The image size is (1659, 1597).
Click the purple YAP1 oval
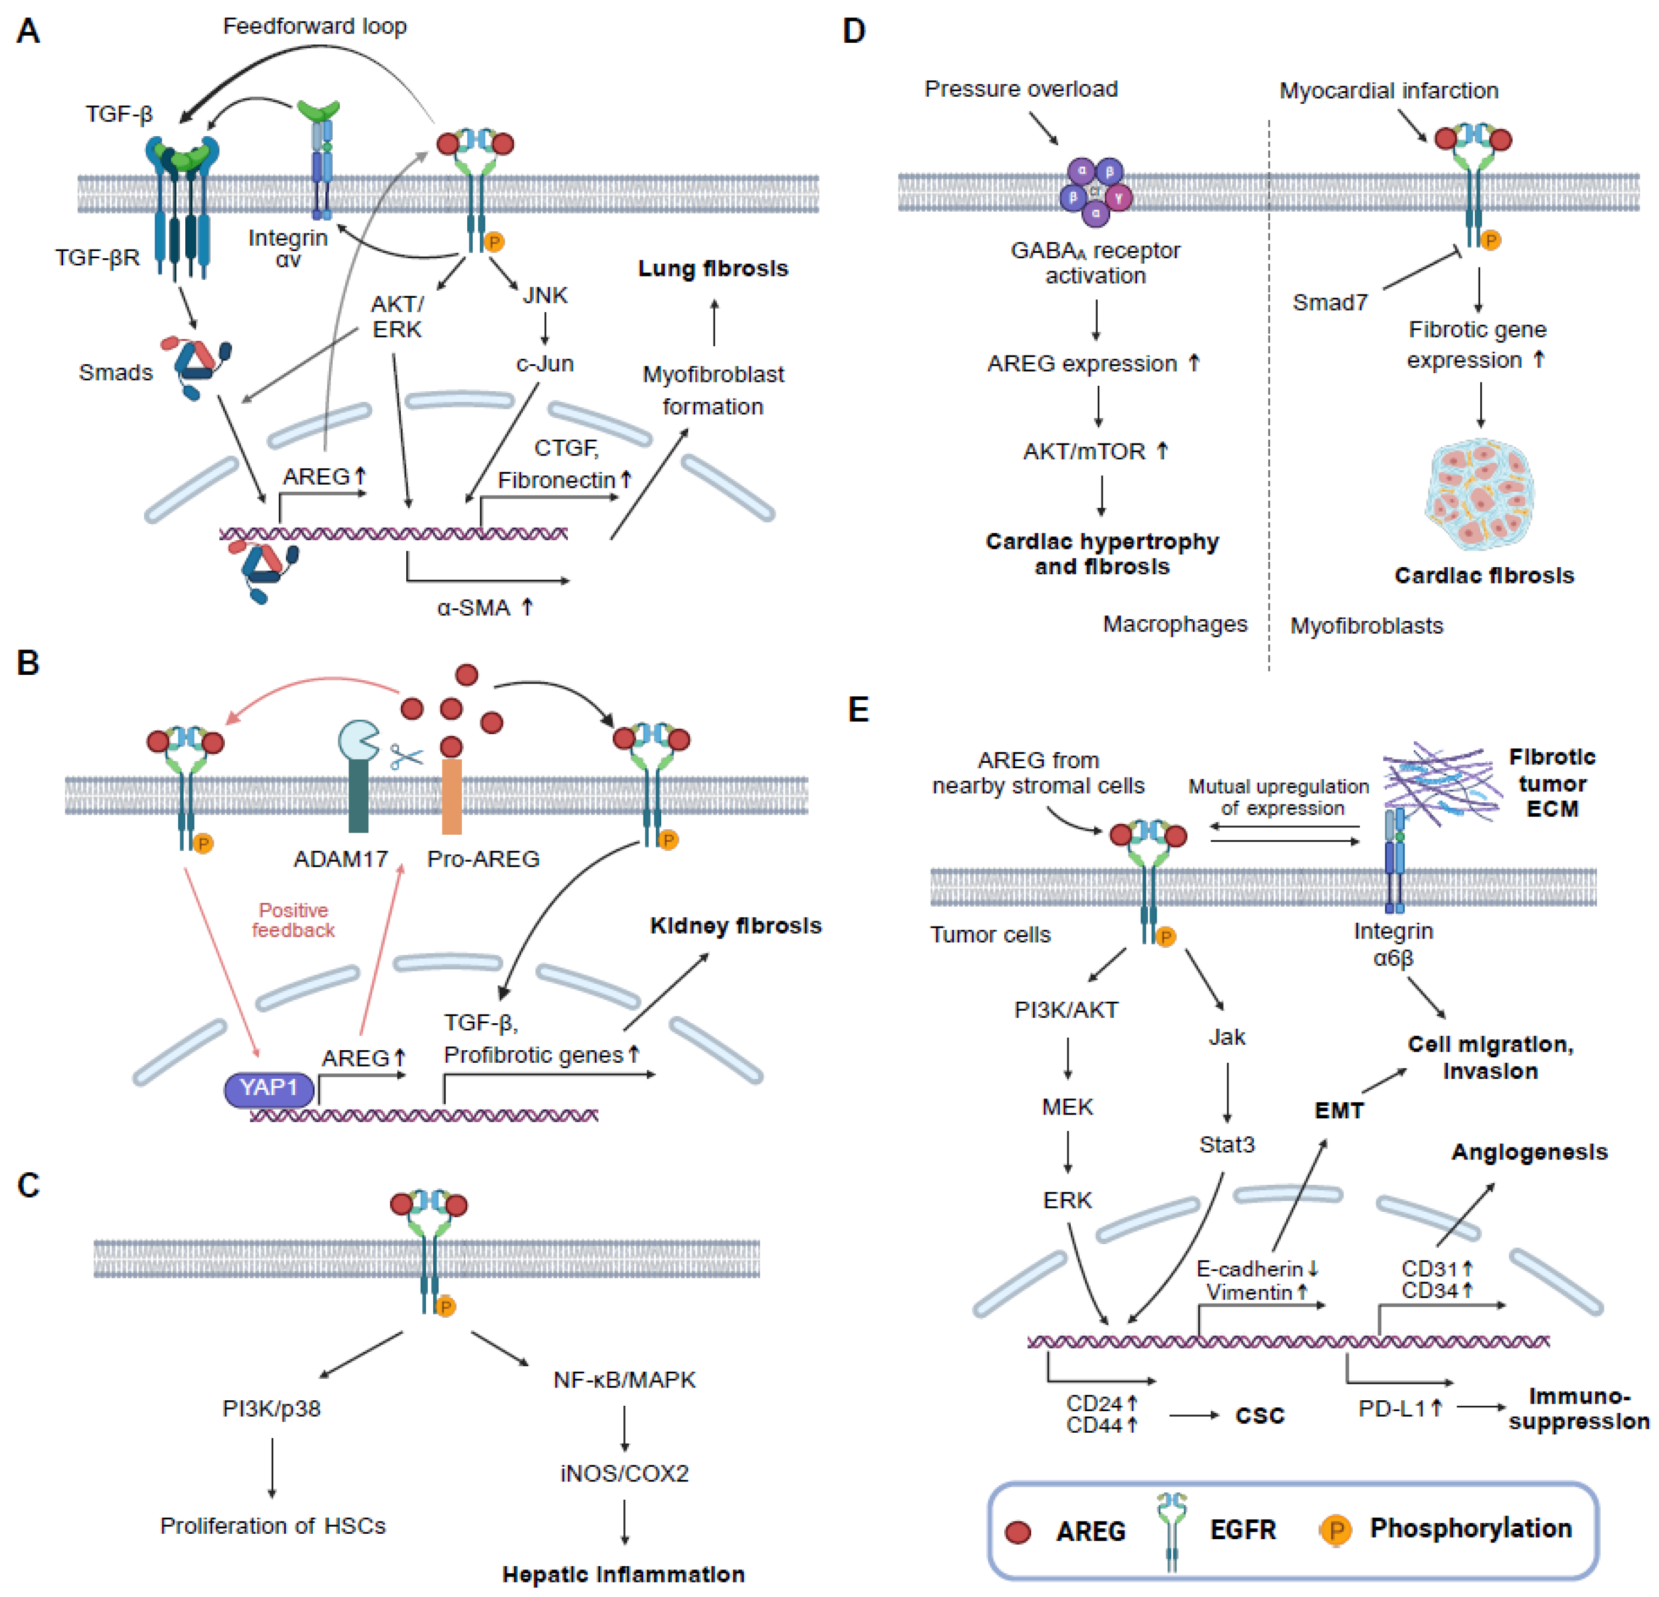click(268, 1089)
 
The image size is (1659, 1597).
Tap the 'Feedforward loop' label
click(315, 26)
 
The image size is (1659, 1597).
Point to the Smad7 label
click(1330, 302)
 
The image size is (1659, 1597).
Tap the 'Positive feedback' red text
click(294, 920)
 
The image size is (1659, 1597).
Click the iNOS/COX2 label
click(624, 1473)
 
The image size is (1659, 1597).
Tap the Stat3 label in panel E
click(1226, 1144)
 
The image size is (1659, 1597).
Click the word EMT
click(1339, 1110)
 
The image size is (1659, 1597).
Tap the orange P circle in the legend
click(1335, 1530)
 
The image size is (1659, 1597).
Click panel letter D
click(854, 31)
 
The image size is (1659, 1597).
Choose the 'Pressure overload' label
click(1021, 89)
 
